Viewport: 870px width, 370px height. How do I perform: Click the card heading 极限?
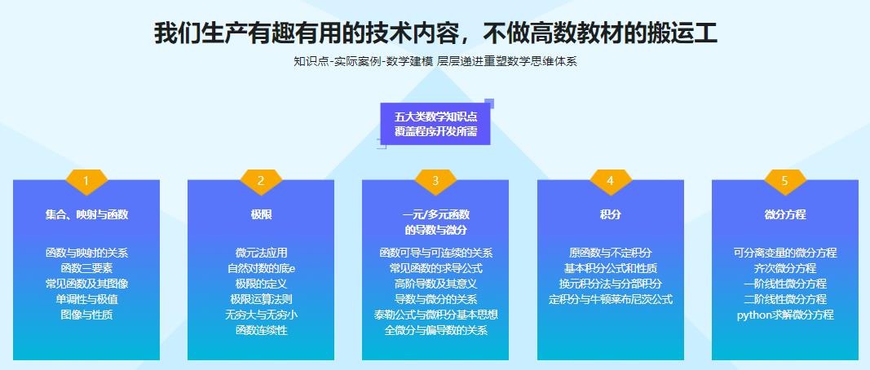261,214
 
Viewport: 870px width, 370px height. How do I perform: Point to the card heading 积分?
611,214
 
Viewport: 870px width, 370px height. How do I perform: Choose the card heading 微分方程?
784,214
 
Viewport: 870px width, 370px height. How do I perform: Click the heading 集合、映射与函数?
86,214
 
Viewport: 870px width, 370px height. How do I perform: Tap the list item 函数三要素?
86,268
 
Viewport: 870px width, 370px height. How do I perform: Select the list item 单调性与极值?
86,300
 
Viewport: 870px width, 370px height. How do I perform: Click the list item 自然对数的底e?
261,268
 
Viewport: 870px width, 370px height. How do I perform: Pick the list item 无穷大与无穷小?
261,315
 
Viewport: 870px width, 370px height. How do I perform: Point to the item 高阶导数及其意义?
435,284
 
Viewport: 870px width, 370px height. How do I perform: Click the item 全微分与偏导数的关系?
435,331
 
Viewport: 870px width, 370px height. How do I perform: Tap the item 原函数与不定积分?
611,253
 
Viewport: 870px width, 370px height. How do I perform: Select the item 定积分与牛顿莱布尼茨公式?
611,300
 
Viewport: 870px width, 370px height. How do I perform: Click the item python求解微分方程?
784,315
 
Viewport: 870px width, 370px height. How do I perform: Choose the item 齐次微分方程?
784,268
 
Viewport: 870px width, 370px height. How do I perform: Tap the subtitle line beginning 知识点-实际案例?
435,62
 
